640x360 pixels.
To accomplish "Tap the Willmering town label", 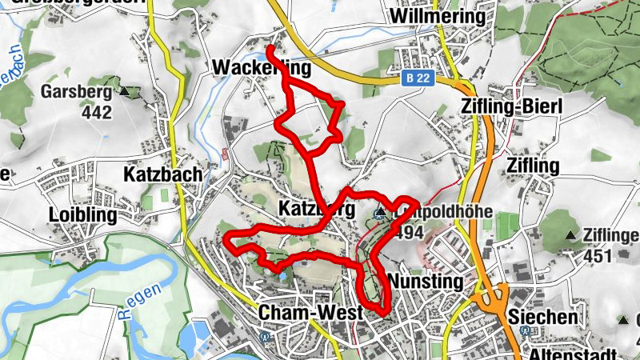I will pos(438,16).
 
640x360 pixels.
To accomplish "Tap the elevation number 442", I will pos(97,112).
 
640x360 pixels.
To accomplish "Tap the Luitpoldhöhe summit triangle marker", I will pos(379,214).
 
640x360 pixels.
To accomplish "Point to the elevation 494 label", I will pos(408,232).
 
